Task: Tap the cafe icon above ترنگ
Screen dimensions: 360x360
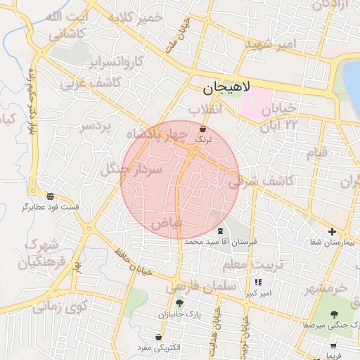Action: pyautogui.click(x=203, y=129)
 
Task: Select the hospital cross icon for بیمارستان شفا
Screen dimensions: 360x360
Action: pyautogui.click(x=332, y=232)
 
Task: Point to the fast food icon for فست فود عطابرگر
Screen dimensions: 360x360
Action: pyautogui.click(x=50, y=196)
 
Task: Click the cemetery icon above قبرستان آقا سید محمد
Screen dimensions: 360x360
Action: pyautogui.click(x=221, y=231)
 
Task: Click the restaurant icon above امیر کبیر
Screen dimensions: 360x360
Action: pyautogui.click(x=257, y=282)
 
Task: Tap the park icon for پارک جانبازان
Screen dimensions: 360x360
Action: pyautogui.click(x=180, y=304)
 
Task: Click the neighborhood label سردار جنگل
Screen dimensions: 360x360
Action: pyautogui.click(x=131, y=169)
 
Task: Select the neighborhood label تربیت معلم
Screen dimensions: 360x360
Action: pyautogui.click(x=245, y=265)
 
